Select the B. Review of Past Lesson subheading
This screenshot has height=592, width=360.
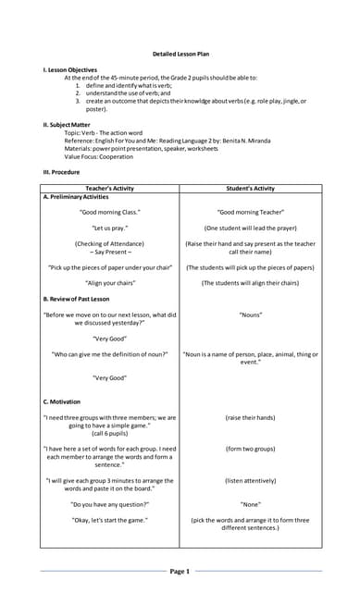pos(77,299)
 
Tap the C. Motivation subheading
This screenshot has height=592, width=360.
pos(61,402)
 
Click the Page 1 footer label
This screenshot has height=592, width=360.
pos(180,572)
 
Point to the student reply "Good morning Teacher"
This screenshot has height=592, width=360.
pos(250,212)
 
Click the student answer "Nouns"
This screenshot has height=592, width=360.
pos(250,315)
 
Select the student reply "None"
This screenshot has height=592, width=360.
pos(250,504)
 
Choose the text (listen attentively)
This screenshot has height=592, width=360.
pos(250,481)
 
